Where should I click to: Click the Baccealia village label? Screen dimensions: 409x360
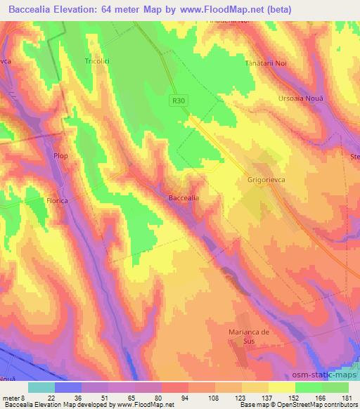184,198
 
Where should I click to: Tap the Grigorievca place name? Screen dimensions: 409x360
264,180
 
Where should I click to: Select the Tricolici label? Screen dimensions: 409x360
98,60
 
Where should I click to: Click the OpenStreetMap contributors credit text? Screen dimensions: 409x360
315,405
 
